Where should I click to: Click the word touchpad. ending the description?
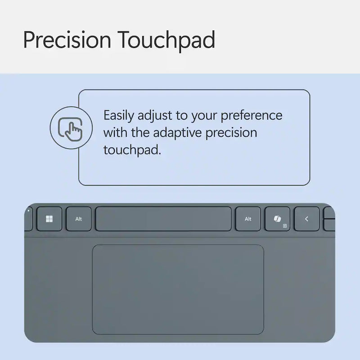click(132, 150)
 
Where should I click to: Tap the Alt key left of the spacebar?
click(79, 219)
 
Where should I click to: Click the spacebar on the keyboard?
click(163, 219)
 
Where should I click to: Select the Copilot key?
click(277, 219)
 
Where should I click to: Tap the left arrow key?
click(306, 219)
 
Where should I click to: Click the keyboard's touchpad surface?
click(178, 289)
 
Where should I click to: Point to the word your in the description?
click(205, 116)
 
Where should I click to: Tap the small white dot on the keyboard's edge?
click(28, 210)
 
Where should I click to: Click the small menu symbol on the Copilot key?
click(284, 226)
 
